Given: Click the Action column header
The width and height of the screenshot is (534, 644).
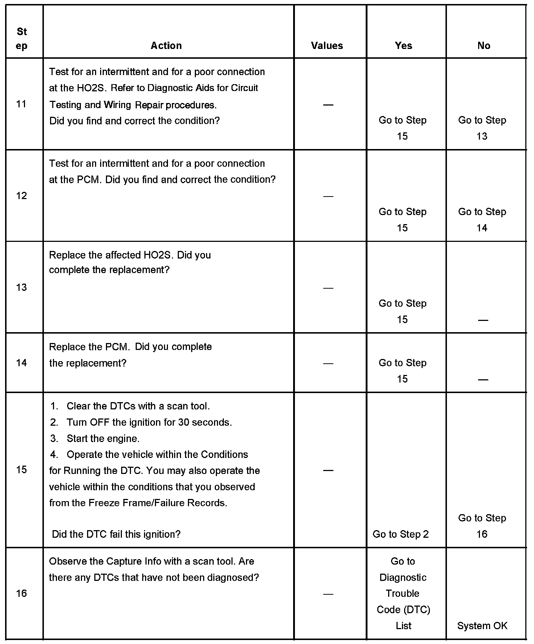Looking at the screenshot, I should (x=166, y=46).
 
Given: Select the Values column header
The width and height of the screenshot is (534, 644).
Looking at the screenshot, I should (x=327, y=46).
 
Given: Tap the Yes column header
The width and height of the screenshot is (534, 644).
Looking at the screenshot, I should (x=403, y=46).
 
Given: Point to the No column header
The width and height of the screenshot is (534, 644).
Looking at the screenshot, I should (x=484, y=46).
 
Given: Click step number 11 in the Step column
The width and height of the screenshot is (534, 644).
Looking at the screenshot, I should (x=21, y=104).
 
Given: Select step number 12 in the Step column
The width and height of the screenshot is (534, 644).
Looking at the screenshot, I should (x=21, y=196).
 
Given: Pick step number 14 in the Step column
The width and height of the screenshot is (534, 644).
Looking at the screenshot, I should (x=21, y=363).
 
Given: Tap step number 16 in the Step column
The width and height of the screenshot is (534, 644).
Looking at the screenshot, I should (x=21, y=593).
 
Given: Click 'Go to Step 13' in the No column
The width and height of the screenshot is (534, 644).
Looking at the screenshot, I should (x=482, y=128).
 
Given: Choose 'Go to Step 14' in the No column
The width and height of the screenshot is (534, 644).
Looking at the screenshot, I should (x=482, y=220).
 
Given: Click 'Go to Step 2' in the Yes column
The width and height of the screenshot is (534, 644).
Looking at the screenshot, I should (x=400, y=534).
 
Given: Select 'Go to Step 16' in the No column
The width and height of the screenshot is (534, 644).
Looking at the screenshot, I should (x=482, y=526).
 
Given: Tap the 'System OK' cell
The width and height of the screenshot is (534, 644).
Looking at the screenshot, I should (x=482, y=626).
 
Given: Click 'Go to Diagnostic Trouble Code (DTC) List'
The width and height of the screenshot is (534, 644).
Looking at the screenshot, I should (x=403, y=593).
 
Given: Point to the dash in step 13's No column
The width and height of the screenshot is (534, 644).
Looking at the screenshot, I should (x=483, y=320).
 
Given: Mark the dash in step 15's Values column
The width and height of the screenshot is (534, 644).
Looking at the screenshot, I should (x=328, y=470).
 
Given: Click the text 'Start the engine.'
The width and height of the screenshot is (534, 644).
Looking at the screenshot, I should (x=103, y=438).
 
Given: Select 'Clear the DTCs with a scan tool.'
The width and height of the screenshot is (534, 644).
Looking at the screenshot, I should (x=138, y=406).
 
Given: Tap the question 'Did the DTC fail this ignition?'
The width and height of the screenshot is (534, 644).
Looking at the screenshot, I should (x=116, y=534).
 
